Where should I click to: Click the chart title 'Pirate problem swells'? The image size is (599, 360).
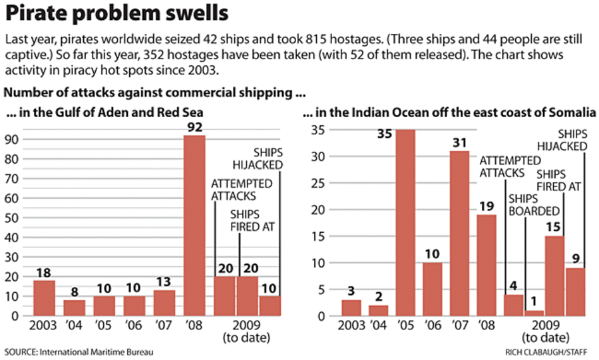tap(116, 13)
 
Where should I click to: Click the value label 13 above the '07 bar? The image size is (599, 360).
tap(164, 283)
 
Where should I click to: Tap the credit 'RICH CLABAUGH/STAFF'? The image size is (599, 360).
tap(549, 350)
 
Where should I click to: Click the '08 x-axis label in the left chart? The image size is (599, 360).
tap(194, 327)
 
